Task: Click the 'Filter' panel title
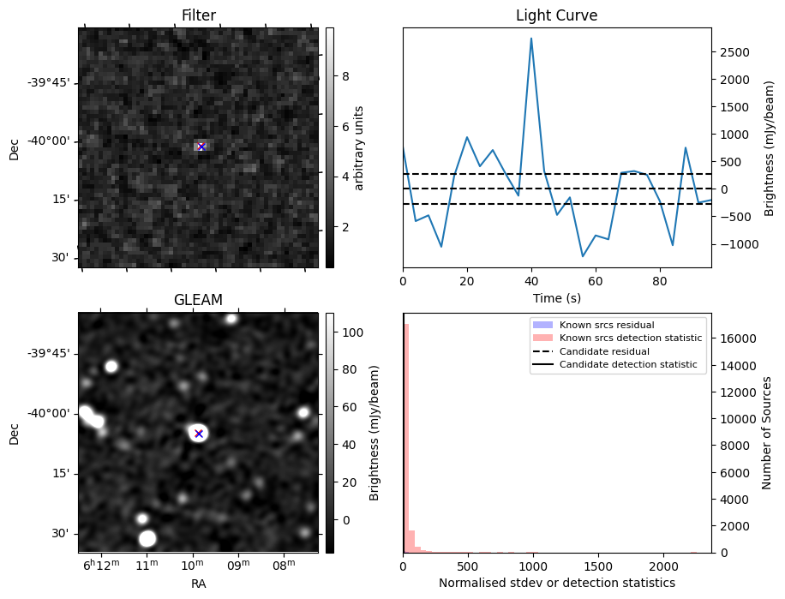[198, 15]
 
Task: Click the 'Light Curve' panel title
[557, 15]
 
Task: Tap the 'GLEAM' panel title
[198, 300]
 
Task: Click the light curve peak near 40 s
[531, 39]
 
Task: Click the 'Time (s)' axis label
[557, 298]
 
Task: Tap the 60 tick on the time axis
[596, 281]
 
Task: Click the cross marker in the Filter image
[201, 147]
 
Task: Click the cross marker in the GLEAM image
[199, 434]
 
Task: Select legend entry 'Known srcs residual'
[607, 325]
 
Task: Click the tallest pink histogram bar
[406, 439]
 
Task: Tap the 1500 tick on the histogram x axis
[598, 566]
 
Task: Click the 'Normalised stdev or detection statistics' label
[557, 583]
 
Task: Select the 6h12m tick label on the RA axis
[102, 565]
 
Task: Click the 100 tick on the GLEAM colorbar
[353, 332]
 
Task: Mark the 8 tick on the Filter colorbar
[345, 76]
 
